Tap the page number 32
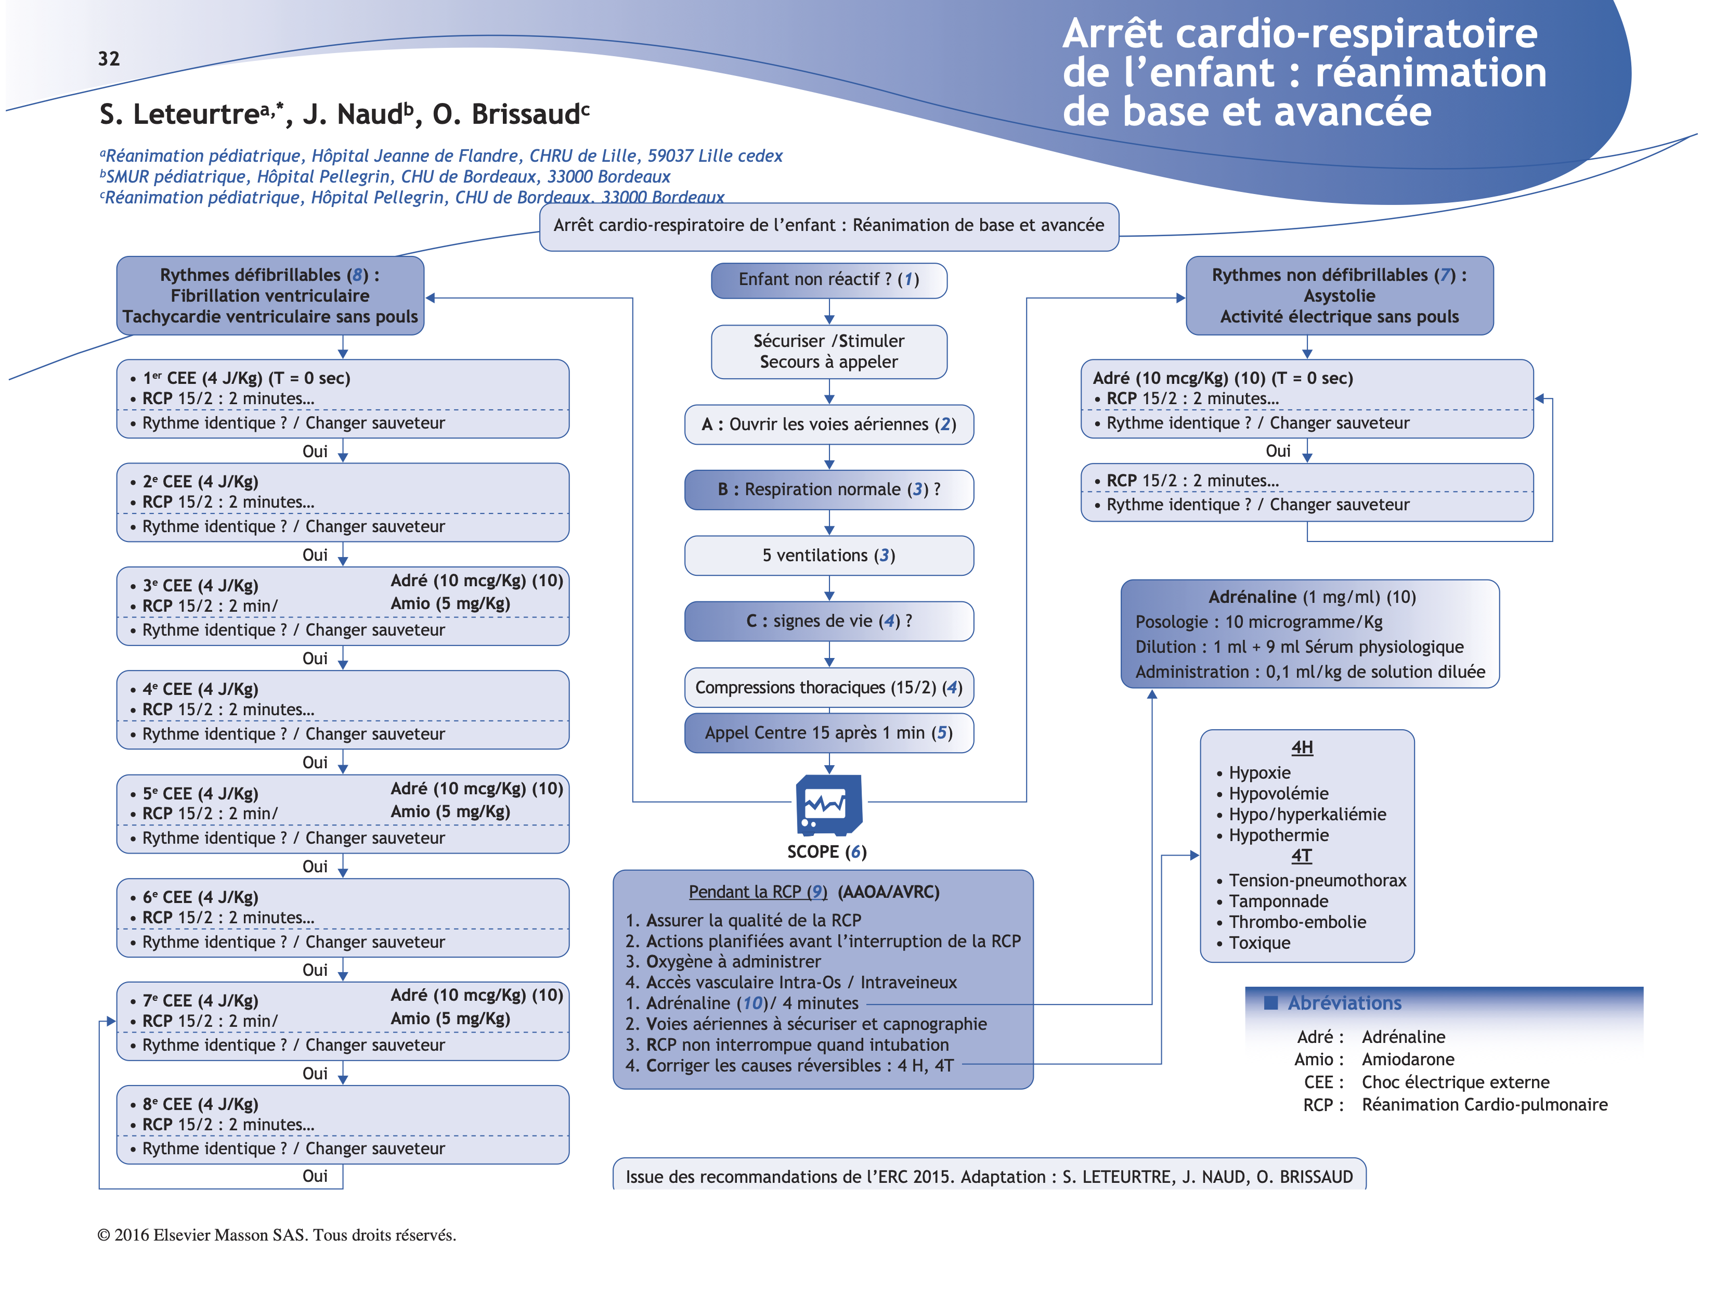click(109, 59)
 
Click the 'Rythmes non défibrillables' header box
click(1339, 296)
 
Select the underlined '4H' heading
click(1302, 748)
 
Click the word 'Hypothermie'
click(1278, 835)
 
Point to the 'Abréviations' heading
click(1344, 1003)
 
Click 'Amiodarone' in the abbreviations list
click(1408, 1060)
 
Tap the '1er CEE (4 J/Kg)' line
click(246, 379)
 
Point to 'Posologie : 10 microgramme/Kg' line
click(1258, 622)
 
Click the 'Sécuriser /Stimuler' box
click(828, 352)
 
